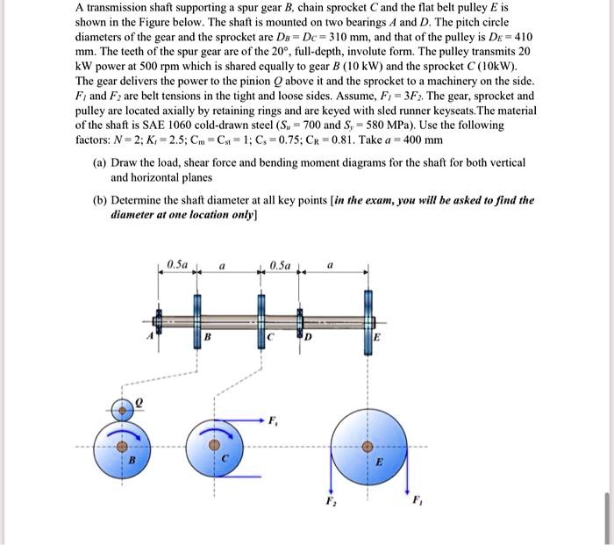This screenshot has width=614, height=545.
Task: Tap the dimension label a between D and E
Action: (331, 263)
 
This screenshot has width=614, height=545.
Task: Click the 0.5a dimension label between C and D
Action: (280, 263)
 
